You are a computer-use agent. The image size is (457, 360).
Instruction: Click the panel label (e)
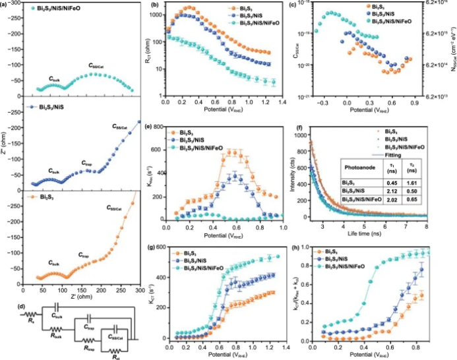coord(153,124)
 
